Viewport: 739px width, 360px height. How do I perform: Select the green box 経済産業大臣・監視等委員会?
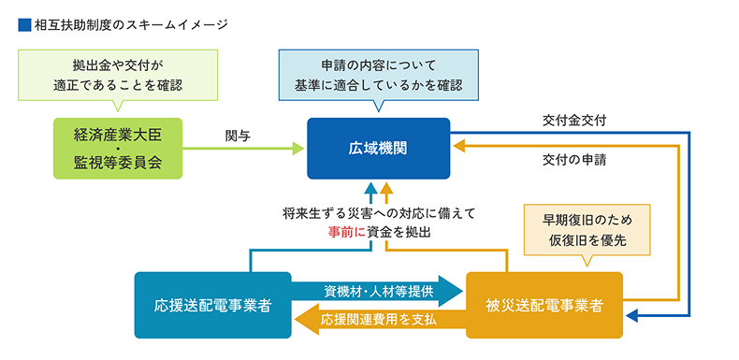(x=117, y=148)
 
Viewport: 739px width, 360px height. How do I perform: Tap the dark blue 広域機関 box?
(x=378, y=148)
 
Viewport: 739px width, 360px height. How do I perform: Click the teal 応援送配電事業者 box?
(x=213, y=305)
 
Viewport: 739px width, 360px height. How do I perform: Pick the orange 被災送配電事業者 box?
(x=543, y=305)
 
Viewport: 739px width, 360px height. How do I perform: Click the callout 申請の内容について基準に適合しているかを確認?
(x=379, y=75)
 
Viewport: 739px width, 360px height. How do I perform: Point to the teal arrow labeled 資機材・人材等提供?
(x=379, y=291)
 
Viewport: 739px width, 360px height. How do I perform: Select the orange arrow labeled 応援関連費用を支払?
(x=379, y=320)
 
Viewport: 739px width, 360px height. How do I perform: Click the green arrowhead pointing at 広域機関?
(x=298, y=148)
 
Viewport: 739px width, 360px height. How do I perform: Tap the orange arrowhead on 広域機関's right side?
(x=458, y=148)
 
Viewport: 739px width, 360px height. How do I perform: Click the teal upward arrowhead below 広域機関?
(x=370, y=190)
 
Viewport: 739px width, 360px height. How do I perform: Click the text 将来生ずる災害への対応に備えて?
(x=378, y=212)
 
